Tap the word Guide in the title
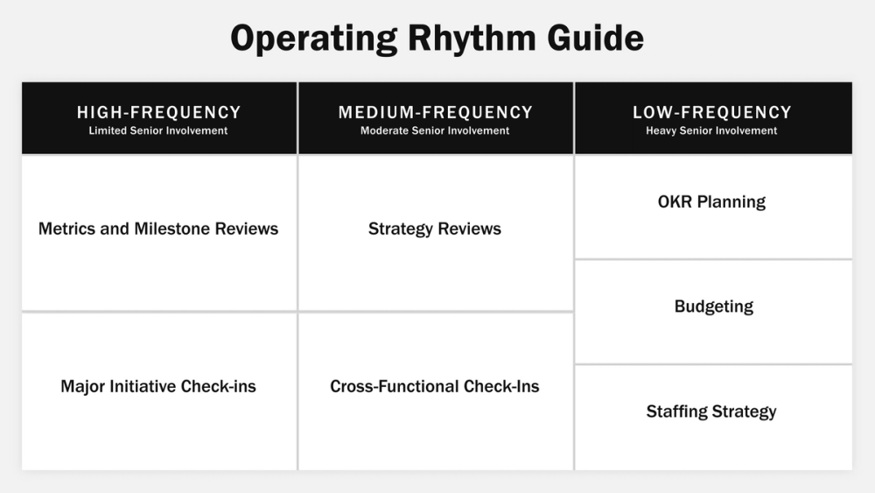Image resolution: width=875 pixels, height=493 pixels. click(599, 38)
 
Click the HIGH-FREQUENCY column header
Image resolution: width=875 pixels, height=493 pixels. click(158, 112)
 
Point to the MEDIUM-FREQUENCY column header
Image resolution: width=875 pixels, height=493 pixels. click(435, 112)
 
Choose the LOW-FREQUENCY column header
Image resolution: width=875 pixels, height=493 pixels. click(711, 112)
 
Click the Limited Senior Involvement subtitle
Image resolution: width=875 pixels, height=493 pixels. click(158, 131)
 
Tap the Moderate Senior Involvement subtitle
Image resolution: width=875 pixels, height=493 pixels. click(435, 131)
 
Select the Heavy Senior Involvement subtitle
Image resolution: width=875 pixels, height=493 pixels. click(711, 131)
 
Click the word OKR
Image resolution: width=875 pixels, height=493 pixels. click(675, 202)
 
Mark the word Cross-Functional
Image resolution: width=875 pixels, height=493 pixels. click(394, 386)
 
